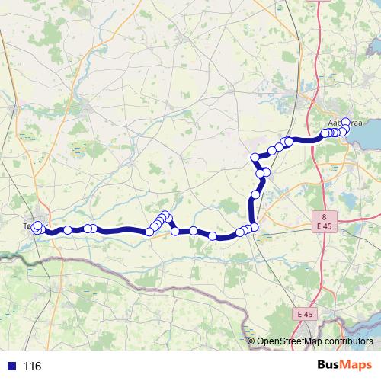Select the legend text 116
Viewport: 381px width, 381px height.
click(32, 367)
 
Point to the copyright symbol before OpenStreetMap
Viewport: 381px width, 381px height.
click(251, 341)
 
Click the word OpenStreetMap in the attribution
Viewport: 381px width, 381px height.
click(289, 341)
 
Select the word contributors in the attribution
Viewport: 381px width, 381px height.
click(348, 341)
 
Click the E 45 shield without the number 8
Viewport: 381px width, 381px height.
click(306, 314)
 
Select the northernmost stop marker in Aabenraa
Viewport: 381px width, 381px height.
click(346, 122)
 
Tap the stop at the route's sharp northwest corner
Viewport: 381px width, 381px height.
click(256, 158)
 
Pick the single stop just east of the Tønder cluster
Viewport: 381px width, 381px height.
click(68, 230)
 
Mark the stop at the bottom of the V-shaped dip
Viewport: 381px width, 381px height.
click(175, 231)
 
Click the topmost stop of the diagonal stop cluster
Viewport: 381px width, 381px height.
click(165, 215)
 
